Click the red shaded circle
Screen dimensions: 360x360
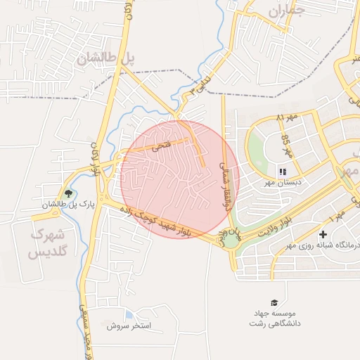pyautogui.click(x=180, y=179)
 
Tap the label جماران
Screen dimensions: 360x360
pyautogui.click(x=288, y=11)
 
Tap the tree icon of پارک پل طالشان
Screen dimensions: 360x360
pyautogui.click(x=68, y=193)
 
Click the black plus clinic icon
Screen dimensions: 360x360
pyautogui.click(x=323, y=234)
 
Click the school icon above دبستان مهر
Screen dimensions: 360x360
pyautogui.click(x=282, y=171)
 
